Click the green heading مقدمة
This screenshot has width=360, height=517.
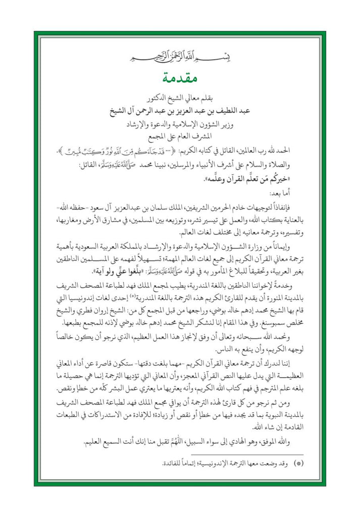(180, 79)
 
